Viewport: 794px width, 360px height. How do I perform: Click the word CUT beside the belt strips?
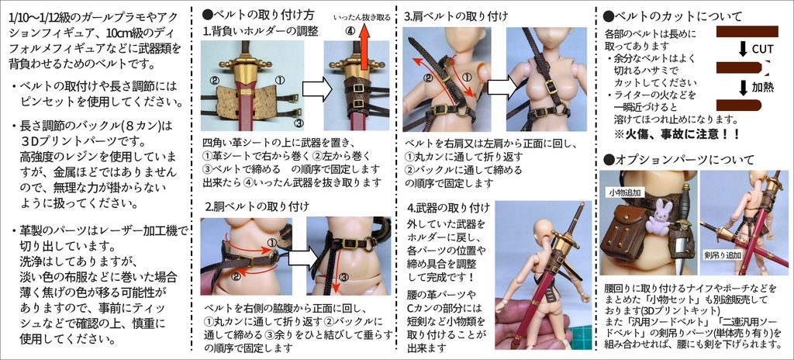[x=761, y=49]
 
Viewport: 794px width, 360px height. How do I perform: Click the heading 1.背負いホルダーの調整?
[x=256, y=31]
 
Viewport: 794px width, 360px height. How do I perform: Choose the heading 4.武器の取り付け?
[x=448, y=207]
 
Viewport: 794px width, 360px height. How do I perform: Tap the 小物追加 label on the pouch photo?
[x=624, y=192]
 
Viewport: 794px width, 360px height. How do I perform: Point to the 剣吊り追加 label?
[x=723, y=254]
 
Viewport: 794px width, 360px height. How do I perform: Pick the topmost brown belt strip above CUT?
[x=746, y=31]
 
